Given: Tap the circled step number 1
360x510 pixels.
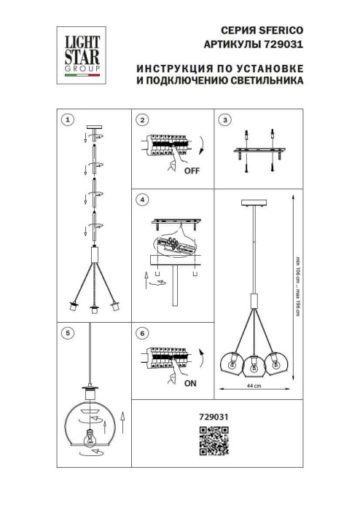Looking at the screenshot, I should (68, 119).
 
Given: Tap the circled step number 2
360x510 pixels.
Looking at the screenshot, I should (143, 119).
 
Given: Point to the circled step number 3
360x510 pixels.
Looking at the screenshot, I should (225, 119).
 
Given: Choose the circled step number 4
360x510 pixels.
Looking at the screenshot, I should (143, 199).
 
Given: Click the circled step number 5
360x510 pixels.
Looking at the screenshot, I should (68, 333).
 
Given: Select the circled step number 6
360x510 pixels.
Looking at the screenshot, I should (143, 333).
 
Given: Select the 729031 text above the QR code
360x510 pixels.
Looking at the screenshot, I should (214, 417).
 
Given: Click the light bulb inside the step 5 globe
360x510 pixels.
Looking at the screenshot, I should (92, 439).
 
